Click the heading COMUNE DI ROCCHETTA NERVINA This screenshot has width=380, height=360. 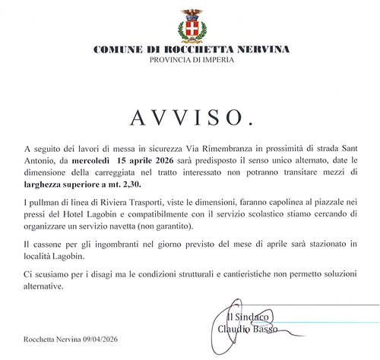(191, 50)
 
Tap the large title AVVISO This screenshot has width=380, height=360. (191, 117)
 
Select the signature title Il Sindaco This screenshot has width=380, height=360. (249, 317)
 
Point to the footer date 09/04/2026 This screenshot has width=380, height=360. (100, 339)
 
